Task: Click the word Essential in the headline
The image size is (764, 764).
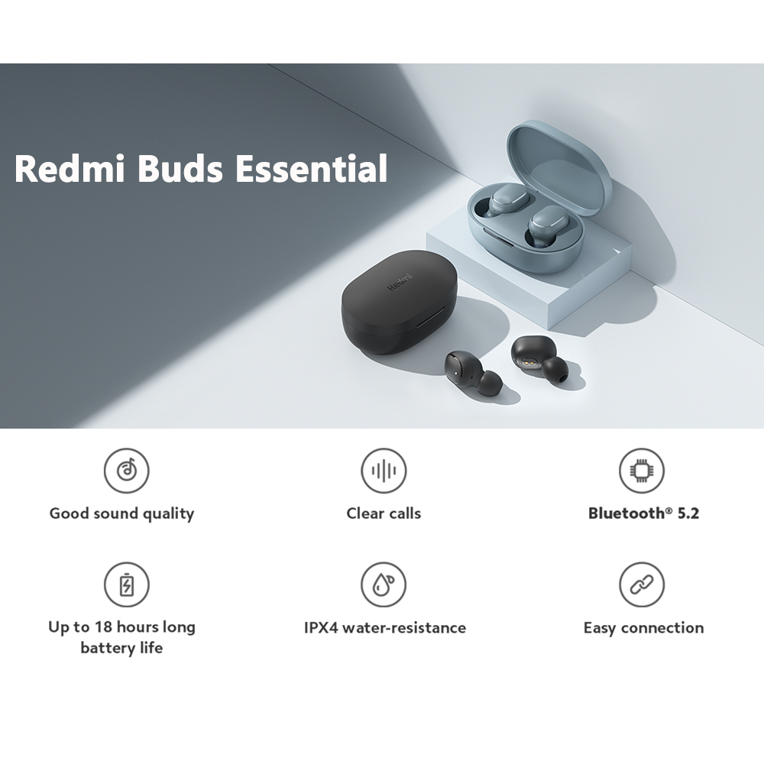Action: [311, 168]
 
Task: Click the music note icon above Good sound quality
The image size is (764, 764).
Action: [127, 471]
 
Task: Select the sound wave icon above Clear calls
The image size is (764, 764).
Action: [384, 471]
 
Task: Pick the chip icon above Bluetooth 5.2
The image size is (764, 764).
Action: [642, 471]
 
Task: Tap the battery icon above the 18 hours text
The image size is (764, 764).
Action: [127, 584]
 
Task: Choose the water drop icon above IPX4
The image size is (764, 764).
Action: [384, 584]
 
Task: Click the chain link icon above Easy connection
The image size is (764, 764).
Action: [642, 584]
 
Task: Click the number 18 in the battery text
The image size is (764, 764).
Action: [103, 626]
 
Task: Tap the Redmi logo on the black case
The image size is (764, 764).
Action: [400, 282]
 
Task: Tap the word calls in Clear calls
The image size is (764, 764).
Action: [402, 513]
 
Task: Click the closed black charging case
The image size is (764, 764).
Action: [400, 302]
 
